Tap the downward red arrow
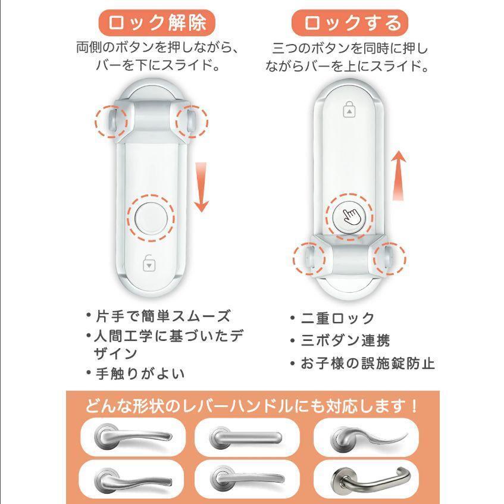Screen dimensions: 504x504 [x=202, y=187]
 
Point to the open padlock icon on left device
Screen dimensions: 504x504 [x=149, y=262]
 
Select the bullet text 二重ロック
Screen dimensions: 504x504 [x=337, y=318]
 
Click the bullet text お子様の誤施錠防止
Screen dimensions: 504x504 [x=367, y=363]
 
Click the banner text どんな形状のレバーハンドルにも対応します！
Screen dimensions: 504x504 [x=252, y=407]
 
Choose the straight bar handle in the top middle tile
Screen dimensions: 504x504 [x=245, y=439]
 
